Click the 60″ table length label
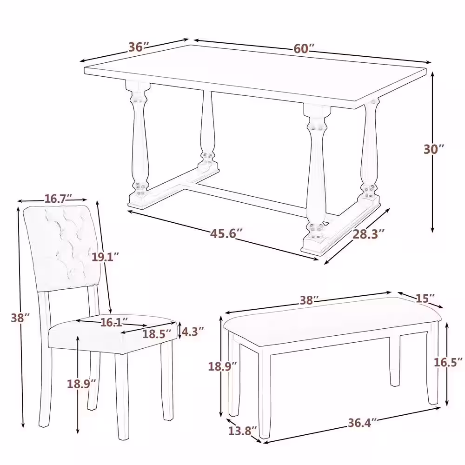(304, 49)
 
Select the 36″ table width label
(139, 47)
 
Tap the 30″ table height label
(434, 149)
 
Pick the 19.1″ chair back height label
(105, 256)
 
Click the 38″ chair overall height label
(20, 318)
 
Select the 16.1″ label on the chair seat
(114, 322)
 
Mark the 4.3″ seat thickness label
(193, 332)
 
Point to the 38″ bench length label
(309, 300)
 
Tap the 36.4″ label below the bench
(362, 422)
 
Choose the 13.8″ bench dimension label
(243, 431)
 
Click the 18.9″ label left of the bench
(223, 365)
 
